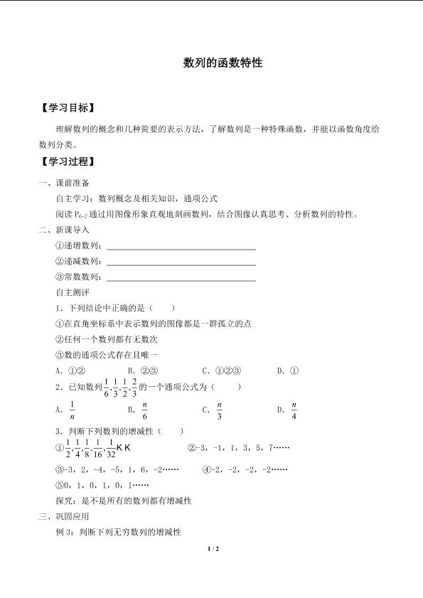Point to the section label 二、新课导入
click(x=64, y=230)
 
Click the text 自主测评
click(x=73, y=292)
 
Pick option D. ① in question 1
click(x=288, y=370)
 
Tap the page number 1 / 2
click(x=211, y=550)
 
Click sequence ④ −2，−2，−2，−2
click(x=245, y=469)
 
